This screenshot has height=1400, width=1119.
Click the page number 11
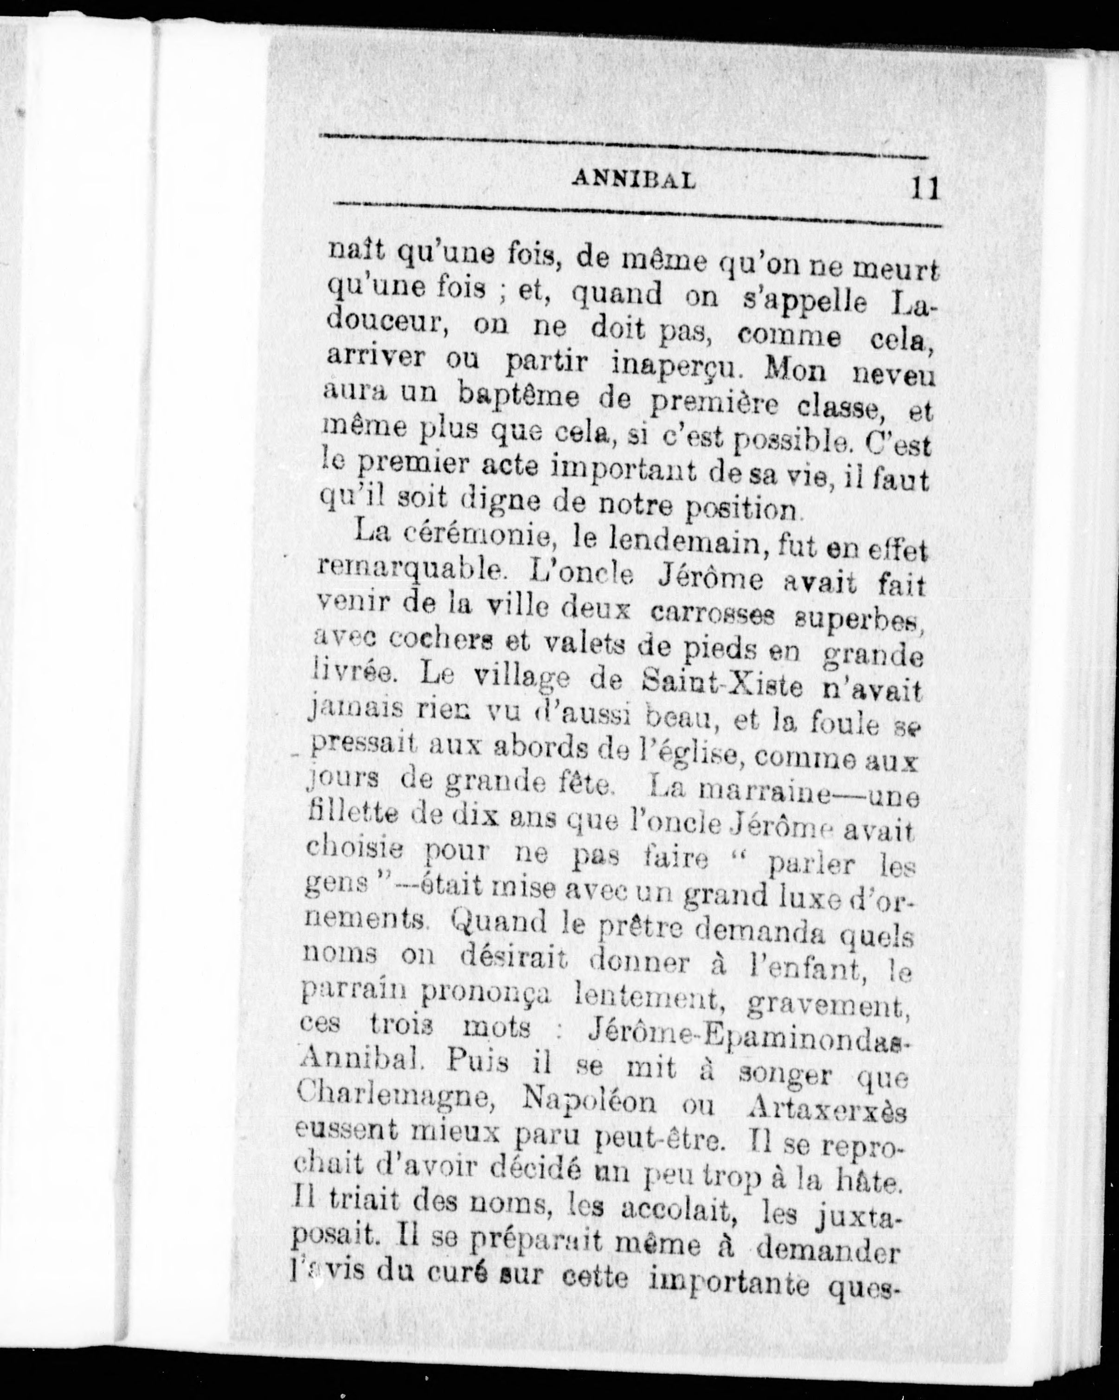click(x=926, y=189)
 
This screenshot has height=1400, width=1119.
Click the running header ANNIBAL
click(x=633, y=180)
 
